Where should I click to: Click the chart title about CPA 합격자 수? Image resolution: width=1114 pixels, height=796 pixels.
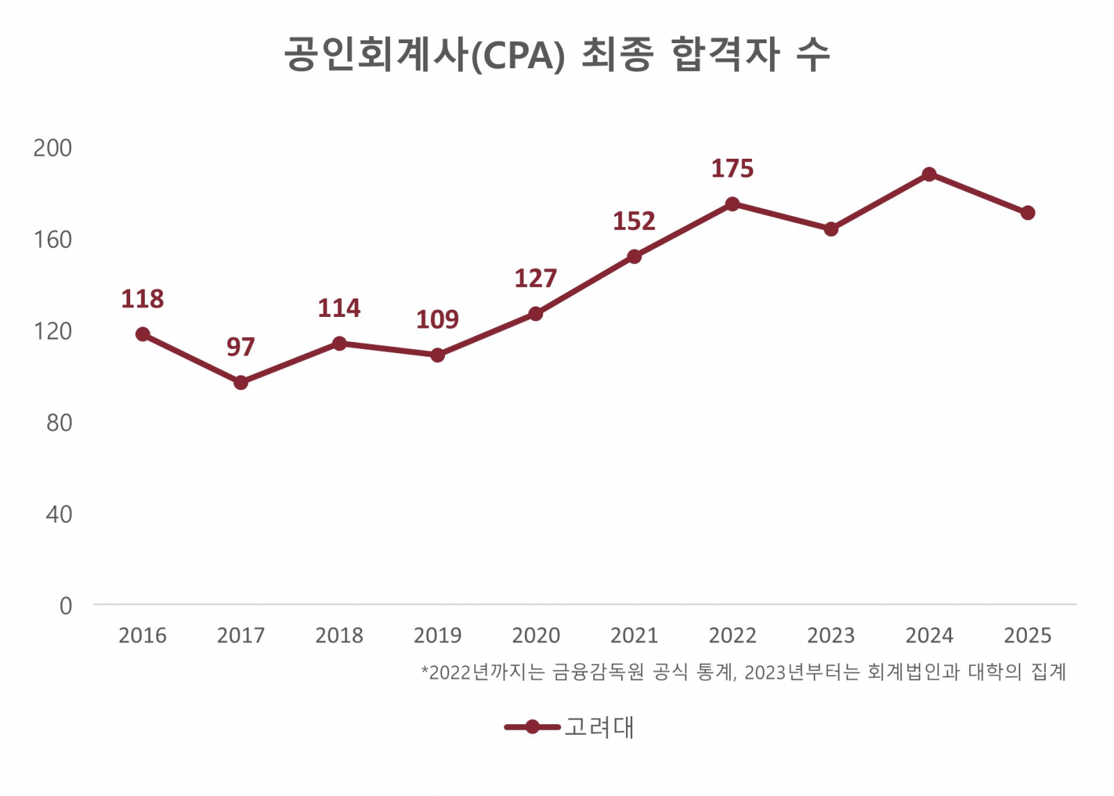click(557, 54)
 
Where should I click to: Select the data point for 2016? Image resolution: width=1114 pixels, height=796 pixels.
click(143, 334)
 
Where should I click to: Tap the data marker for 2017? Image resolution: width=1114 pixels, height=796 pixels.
click(241, 382)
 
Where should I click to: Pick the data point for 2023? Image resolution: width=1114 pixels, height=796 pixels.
click(831, 229)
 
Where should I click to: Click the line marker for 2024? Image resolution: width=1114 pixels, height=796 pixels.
click(929, 174)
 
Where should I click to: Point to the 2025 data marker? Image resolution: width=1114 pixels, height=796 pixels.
click(1028, 213)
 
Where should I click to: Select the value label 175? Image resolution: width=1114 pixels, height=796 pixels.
click(732, 169)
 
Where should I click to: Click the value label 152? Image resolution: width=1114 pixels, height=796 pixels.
click(634, 221)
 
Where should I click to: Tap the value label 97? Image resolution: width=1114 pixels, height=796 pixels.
click(241, 347)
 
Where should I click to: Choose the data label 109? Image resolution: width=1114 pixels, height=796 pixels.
click(437, 320)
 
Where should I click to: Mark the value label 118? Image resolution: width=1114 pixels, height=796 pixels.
click(143, 299)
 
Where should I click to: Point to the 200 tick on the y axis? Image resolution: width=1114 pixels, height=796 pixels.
click(53, 148)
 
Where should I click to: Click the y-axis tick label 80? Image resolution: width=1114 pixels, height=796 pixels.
click(59, 423)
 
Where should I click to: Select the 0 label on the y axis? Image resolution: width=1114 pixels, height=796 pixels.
click(65, 606)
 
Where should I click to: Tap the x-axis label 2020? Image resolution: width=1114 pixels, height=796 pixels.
click(535, 635)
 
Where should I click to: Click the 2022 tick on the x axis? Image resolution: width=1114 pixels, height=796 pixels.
click(732, 635)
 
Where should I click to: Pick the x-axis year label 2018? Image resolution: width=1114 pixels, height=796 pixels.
click(339, 635)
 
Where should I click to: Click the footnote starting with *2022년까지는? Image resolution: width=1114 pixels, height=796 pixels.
click(744, 672)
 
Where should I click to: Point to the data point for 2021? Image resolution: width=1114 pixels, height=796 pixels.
click(634, 257)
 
